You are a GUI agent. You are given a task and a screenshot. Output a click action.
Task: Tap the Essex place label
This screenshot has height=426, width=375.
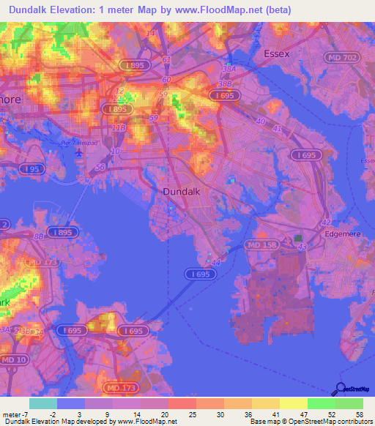[277, 53]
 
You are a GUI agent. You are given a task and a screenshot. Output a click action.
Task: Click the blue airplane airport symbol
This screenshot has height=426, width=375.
[79, 152]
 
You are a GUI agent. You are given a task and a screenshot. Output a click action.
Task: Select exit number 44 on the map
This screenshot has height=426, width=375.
[215, 261]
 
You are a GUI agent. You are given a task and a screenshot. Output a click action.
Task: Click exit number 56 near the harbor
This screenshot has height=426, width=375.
[100, 167]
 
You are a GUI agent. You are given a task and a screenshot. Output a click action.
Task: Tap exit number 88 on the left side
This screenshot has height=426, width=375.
[38, 236]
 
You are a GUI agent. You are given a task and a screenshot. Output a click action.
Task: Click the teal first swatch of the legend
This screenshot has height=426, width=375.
[42, 403]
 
